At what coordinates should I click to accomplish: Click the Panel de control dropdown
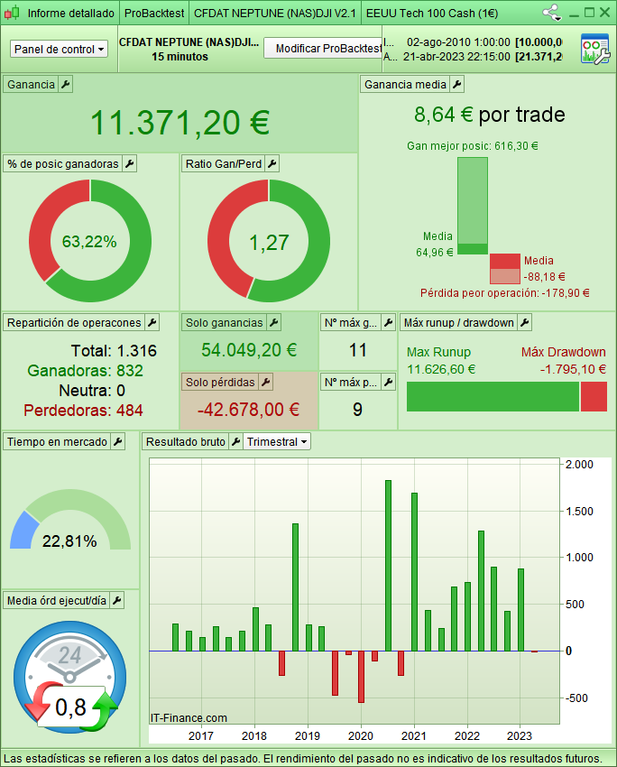(x=60, y=49)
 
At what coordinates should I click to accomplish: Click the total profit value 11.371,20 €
(x=180, y=122)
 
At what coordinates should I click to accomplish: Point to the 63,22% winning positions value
(x=89, y=241)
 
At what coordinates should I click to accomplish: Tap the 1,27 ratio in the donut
(x=268, y=241)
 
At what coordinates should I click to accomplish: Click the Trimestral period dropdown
(x=278, y=441)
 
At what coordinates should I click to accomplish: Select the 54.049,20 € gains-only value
(x=249, y=350)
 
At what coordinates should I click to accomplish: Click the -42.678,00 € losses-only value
(x=249, y=409)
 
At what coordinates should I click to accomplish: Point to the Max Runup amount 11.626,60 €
(x=441, y=368)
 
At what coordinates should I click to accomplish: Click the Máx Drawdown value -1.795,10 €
(x=573, y=368)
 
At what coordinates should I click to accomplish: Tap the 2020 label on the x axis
(x=361, y=709)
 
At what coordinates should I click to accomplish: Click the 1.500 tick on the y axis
(x=578, y=511)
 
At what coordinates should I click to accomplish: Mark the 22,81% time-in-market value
(x=69, y=541)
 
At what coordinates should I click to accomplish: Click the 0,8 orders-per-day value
(x=70, y=707)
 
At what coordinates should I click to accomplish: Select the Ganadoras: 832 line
(x=85, y=370)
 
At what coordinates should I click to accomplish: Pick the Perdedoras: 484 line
(x=83, y=411)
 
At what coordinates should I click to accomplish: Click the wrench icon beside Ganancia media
(x=456, y=84)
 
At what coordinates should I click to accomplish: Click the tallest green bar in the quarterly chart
(x=388, y=565)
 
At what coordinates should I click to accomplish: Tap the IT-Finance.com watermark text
(x=189, y=718)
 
